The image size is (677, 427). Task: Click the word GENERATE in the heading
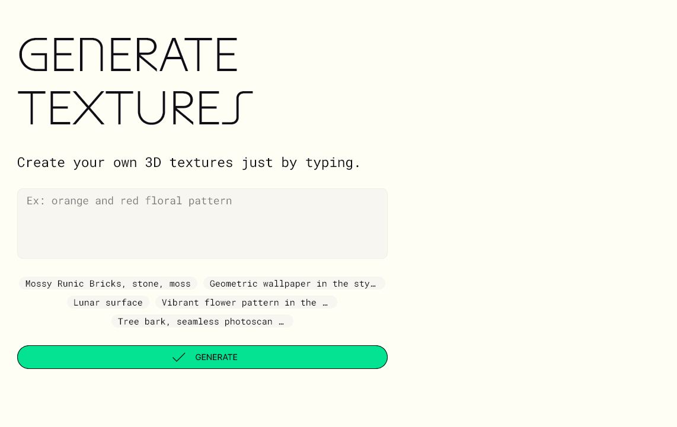[x=128, y=55]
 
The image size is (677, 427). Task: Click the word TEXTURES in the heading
[x=135, y=108]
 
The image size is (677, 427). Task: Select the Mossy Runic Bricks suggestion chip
[x=108, y=284]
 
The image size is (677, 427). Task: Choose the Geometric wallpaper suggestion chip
[x=293, y=284]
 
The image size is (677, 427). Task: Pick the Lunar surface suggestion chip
[x=108, y=303]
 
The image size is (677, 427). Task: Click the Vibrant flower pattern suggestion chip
[x=245, y=303]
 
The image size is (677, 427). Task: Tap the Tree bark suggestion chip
[x=202, y=322]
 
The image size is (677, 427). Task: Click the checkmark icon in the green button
[x=178, y=357]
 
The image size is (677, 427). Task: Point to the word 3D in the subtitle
[x=153, y=162]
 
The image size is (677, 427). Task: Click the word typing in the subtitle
[x=333, y=162]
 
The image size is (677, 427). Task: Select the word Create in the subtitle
[x=41, y=162]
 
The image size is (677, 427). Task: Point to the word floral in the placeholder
[x=164, y=201]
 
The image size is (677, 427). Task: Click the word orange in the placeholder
[x=70, y=201]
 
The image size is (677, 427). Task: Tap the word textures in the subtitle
[x=201, y=162]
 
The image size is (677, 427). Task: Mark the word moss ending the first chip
[x=180, y=284]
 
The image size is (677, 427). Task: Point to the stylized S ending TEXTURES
[x=238, y=108]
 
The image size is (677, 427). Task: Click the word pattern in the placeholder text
[x=210, y=201]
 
